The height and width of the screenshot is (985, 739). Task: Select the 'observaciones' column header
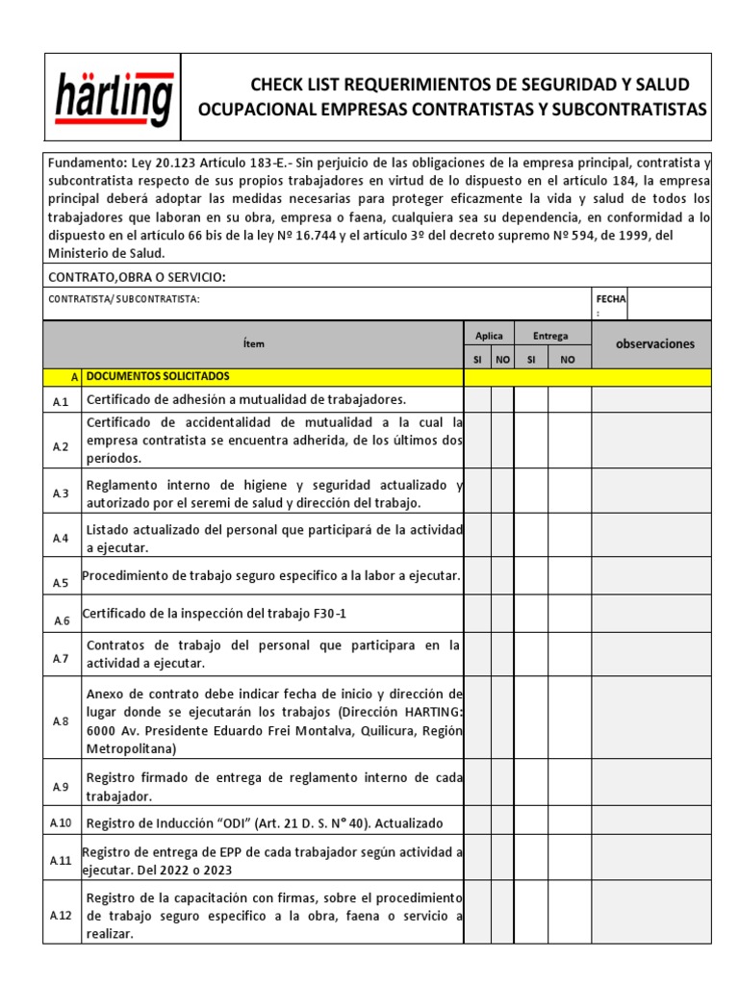click(654, 343)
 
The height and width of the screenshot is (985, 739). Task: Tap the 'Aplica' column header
click(489, 336)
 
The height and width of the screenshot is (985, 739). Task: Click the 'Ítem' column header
click(254, 343)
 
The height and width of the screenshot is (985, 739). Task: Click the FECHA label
click(610, 299)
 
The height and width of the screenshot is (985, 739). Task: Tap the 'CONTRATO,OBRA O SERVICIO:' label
click(137, 277)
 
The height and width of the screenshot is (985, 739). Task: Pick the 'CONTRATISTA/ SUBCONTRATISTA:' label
click(124, 299)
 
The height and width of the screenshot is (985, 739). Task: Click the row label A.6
click(62, 621)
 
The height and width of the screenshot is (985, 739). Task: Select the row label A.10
click(62, 822)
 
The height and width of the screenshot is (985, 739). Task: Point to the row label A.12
click(62, 916)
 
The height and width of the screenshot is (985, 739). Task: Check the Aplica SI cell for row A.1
click(478, 400)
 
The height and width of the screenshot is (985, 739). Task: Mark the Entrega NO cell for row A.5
click(569, 577)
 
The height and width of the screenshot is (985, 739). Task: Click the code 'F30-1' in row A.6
click(322, 614)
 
